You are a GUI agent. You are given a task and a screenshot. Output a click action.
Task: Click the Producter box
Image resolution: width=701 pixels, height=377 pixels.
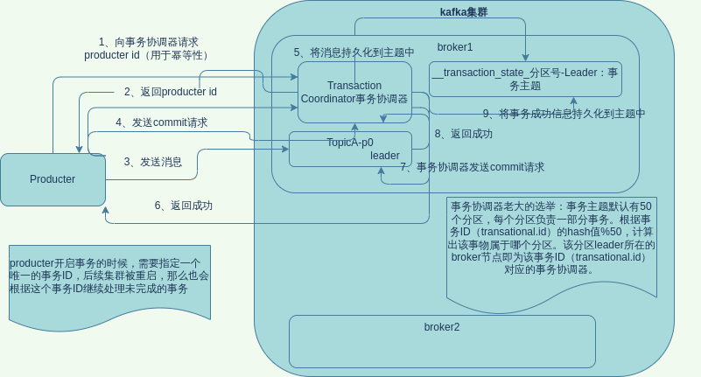53,179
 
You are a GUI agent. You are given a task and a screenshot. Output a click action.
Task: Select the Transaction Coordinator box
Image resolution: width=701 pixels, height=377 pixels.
354,92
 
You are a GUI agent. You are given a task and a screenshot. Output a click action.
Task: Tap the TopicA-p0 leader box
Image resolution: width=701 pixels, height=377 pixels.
350,149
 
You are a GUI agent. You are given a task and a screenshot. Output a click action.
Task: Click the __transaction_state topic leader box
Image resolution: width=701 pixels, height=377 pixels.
525,79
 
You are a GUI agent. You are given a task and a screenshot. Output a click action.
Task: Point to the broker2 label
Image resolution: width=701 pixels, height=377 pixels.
442,327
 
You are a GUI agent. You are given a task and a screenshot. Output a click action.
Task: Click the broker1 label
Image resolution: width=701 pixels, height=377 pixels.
455,47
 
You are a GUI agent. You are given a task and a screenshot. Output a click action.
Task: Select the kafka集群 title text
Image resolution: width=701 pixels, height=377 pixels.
464,12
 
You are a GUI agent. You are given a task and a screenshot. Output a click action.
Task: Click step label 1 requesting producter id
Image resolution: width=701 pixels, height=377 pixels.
148,48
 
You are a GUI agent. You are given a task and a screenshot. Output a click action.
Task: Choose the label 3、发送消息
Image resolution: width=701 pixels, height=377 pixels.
152,162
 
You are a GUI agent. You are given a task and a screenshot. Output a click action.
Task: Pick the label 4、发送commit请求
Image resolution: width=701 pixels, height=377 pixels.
161,122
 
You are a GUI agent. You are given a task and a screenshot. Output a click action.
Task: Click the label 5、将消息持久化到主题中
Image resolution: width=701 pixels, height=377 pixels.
354,52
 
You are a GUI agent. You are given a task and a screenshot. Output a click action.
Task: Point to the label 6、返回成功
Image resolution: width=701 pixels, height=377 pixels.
183,206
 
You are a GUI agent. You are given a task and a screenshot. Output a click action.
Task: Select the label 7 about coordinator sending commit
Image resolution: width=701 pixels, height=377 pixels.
472,167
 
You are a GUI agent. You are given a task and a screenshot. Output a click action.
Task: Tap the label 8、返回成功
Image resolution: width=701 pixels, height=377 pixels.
463,134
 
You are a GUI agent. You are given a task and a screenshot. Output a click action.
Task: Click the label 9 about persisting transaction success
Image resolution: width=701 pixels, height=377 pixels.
564,114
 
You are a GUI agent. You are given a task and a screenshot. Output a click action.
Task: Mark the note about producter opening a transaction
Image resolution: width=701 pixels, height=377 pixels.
109,276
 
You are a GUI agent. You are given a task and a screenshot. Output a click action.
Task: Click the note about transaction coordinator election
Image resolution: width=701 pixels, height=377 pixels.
551,238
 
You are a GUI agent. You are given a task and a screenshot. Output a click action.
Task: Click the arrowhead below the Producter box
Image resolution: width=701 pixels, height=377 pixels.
105,211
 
